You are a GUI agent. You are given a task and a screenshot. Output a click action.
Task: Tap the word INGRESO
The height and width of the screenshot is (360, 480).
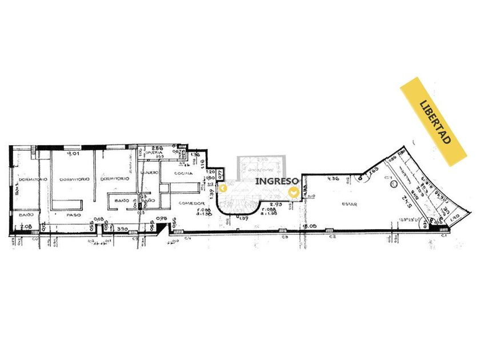coord(277,181)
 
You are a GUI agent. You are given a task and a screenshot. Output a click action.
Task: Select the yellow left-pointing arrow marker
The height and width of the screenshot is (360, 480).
coord(225,188)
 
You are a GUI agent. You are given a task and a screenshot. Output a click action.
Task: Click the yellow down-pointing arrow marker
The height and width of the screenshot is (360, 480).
coord(294,193)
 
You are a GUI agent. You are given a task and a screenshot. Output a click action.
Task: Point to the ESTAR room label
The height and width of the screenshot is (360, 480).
coord(350,203)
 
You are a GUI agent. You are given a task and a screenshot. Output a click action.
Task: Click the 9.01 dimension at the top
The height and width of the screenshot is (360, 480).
coord(73,154)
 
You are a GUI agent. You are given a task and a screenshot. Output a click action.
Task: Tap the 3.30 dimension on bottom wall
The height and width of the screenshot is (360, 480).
coord(121,229)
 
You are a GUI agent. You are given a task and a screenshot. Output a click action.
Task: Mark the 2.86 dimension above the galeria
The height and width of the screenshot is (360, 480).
coord(157,147)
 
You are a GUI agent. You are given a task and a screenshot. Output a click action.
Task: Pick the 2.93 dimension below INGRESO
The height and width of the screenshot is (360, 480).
coord(276,204)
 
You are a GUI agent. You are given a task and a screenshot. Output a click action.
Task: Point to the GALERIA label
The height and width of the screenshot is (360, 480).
coord(155,153)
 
